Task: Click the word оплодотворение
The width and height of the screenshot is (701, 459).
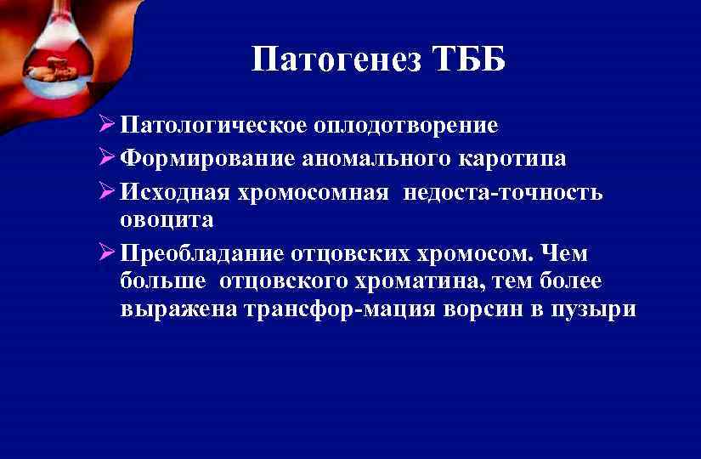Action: (x=405, y=127)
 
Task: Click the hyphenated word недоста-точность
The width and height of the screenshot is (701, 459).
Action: (x=504, y=191)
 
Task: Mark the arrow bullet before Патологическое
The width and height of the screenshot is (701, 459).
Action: (x=107, y=126)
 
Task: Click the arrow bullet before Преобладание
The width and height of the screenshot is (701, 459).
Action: (x=107, y=252)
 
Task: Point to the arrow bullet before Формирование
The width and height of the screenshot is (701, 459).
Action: (x=107, y=158)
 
